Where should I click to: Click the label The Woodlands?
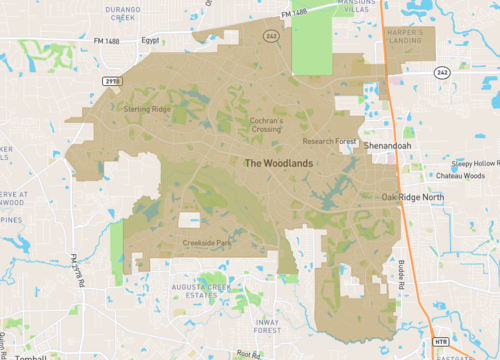pos(281,163)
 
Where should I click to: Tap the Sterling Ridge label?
pos(145,108)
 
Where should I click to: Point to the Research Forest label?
pos(329,142)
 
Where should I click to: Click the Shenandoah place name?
pos(388,145)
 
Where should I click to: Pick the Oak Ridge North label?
pos(413,197)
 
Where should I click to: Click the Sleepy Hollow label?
pos(474,162)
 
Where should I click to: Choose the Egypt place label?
pos(150,41)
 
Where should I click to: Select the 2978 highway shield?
pos(111,78)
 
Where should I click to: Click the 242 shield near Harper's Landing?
pos(443,73)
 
